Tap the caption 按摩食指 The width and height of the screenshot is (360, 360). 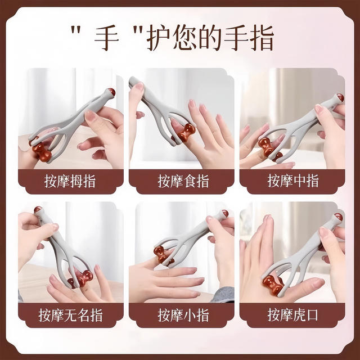(x=180, y=182)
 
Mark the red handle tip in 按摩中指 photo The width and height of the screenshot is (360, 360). (x=340, y=98)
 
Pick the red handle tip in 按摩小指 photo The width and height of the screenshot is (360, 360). (x=224, y=214)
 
